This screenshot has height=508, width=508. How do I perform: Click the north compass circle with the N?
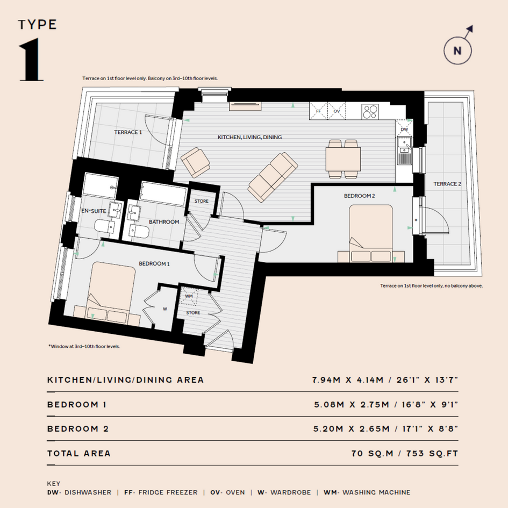point(457,51)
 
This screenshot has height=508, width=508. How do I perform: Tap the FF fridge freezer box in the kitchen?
point(319,111)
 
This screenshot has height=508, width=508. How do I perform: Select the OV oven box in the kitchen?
point(337,111)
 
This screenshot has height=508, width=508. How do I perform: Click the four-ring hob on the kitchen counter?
point(370,112)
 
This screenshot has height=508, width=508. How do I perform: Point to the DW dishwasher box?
point(404,128)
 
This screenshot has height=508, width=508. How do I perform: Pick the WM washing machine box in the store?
point(189,296)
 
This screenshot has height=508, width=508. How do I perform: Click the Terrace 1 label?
point(128,132)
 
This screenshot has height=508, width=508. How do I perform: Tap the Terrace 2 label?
point(447,184)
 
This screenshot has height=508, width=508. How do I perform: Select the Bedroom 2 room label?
point(359,196)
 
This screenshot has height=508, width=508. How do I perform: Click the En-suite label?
point(94,211)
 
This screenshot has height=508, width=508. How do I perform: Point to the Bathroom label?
point(164,222)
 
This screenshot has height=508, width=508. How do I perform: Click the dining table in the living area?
point(343,159)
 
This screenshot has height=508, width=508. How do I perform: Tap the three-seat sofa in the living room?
point(273,177)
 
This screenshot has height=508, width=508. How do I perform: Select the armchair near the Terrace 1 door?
point(195,163)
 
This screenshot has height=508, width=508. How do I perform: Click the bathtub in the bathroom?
point(163,193)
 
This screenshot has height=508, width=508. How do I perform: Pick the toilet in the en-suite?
point(104,226)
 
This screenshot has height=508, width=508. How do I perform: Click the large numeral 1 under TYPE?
point(31,59)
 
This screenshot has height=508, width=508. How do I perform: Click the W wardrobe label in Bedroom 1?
point(165,309)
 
